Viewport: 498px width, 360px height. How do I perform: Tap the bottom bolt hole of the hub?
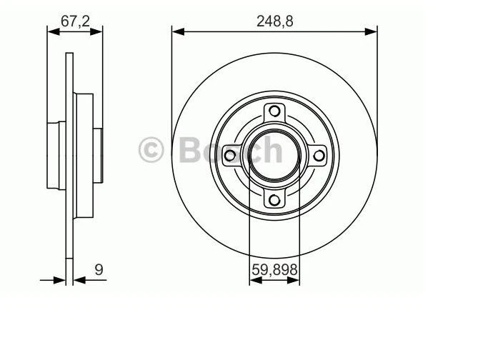coord(274,200)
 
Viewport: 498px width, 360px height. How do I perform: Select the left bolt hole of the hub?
coord(229,156)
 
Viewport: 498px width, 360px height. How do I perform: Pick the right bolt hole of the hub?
coord(319,156)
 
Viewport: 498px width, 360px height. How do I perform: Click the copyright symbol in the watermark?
coord(151,150)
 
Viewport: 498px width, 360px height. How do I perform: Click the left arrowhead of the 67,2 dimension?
coord(51,31)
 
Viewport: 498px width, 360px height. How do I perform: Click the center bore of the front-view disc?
coord(274,156)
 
